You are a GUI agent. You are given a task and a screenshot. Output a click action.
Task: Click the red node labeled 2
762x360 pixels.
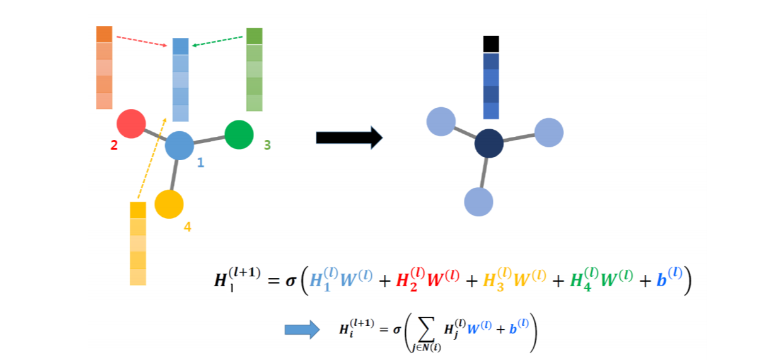click(x=131, y=124)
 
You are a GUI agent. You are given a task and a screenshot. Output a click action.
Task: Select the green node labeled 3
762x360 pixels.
click(x=239, y=134)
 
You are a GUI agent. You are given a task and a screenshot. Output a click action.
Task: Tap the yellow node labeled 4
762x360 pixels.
click(x=169, y=204)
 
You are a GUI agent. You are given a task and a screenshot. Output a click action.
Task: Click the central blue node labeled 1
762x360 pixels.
click(x=180, y=146)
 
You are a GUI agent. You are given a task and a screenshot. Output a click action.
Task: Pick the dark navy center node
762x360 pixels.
click(x=489, y=144)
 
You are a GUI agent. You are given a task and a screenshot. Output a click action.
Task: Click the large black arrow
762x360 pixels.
click(x=349, y=137)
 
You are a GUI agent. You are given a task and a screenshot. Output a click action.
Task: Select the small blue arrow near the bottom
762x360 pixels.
click(x=298, y=329)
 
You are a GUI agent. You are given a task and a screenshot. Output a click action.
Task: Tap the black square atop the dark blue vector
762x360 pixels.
click(x=491, y=44)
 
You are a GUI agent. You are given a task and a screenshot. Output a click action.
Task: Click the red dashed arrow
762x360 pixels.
click(x=143, y=41)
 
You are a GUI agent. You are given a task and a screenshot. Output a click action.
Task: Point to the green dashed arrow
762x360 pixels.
click(x=217, y=42)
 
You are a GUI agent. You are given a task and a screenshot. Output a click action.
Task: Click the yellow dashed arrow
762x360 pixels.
click(x=152, y=158)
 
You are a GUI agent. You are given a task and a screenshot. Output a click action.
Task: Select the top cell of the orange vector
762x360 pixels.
click(x=104, y=34)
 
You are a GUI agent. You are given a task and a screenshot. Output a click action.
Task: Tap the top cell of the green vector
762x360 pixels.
click(x=254, y=36)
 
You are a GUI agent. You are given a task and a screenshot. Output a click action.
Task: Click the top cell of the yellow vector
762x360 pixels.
click(x=137, y=210)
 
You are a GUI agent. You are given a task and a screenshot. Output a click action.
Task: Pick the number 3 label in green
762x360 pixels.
click(x=267, y=145)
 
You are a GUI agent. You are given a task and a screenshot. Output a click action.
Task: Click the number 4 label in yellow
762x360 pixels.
click(x=187, y=226)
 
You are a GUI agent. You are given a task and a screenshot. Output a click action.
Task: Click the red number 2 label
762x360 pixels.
click(x=113, y=146)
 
